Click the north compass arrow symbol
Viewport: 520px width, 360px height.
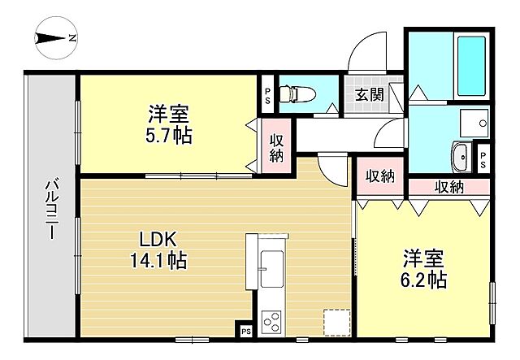54,38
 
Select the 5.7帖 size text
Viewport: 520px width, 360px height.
170,136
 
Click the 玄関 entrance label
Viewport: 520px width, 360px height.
367,93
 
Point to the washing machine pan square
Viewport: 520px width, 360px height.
471,123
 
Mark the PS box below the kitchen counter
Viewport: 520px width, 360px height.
245,331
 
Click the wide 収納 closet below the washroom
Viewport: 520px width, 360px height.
448,188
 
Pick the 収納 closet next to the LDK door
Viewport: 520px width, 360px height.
379,176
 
